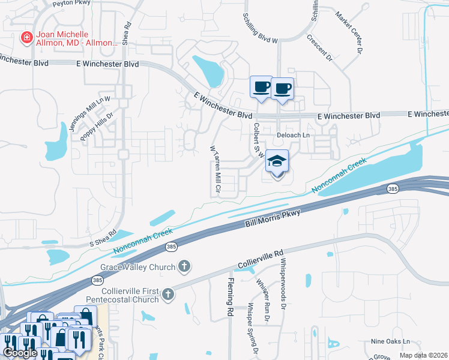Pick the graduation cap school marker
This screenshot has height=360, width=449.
click(x=277, y=161)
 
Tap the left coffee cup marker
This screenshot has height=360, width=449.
click(x=262, y=88)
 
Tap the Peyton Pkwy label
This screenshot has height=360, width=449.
click(x=71, y=2)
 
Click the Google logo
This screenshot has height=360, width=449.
click(x=20, y=353)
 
